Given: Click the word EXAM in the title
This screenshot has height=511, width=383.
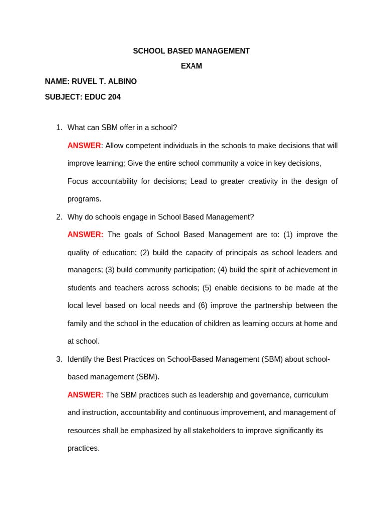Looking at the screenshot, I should pyautogui.click(x=191, y=66).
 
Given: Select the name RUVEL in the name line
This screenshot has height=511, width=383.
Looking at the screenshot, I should pyautogui.click(x=86, y=82).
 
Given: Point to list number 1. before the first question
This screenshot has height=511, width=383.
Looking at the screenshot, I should pyautogui.click(x=59, y=128).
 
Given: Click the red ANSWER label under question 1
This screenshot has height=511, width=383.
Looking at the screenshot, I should pyautogui.click(x=84, y=146).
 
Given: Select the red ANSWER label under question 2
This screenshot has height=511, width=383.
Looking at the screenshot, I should pyautogui.click(x=85, y=235).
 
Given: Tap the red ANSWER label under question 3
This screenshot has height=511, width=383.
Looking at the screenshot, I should pyautogui.click(x=85, y=395).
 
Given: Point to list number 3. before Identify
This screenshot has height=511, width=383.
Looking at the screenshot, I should pyautogui.click(x=59, y=359).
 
